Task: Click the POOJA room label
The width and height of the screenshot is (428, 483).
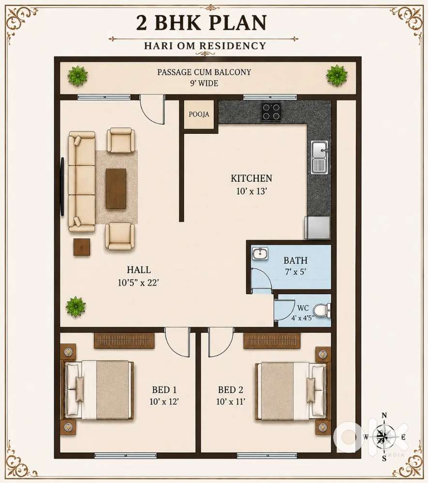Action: point(199,114)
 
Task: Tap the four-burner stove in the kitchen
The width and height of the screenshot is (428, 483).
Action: point(271,112)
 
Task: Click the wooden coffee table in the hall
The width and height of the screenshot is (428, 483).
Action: point(116,188)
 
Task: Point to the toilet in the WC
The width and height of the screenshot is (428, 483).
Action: point(323,310)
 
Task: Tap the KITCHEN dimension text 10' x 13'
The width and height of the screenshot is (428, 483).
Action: point(251,191)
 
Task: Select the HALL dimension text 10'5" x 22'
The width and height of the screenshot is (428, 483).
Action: point(138,283)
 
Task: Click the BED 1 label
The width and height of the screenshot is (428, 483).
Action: point(164,390)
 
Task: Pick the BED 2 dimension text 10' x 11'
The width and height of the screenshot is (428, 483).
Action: point(231,402)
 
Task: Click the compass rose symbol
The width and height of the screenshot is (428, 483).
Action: point(384,437)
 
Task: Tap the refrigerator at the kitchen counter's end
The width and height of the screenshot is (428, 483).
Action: point(318,227)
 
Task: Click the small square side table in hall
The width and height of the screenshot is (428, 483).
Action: point(82,247)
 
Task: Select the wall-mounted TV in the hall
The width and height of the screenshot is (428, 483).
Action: point(62,186)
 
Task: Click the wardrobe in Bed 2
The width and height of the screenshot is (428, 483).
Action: point(272,341)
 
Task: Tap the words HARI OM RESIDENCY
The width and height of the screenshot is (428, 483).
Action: point(205,45)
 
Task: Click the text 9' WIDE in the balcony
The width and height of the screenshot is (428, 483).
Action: point(204,83)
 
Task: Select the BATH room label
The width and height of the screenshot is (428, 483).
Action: point(295,260)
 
